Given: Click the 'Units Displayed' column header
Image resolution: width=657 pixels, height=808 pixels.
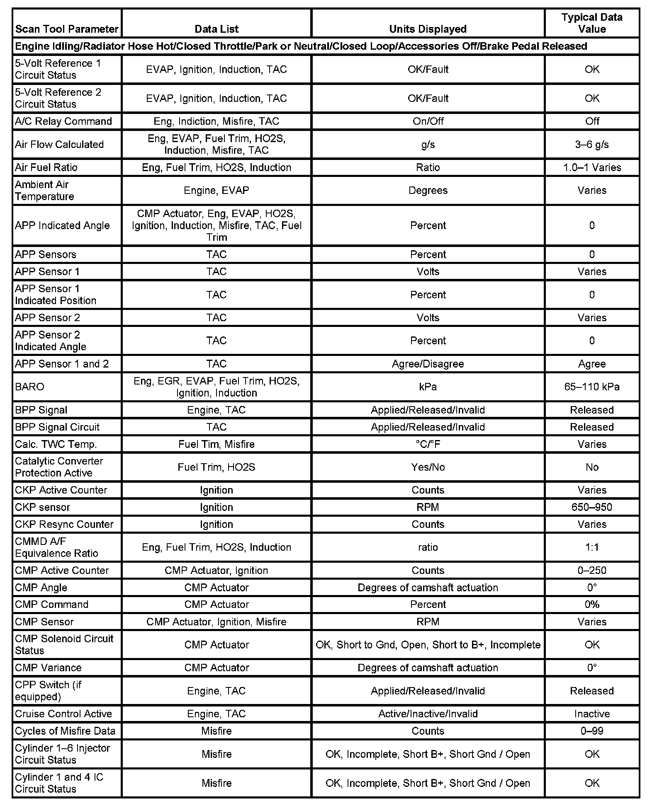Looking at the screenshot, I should coord(428,29).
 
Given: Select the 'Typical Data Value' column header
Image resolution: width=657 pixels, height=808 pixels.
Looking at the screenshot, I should coord(592,23).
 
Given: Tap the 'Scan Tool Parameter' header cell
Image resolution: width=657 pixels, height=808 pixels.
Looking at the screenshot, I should coord(67,29).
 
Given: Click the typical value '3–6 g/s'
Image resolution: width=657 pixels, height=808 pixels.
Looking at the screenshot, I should coord(592,144).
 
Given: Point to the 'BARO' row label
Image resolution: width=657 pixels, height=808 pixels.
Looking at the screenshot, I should coord(29,387).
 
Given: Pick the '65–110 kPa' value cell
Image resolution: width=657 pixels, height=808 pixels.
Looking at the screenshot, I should coord(592,387).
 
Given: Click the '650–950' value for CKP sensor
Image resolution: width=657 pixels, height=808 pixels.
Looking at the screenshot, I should coord(592,507).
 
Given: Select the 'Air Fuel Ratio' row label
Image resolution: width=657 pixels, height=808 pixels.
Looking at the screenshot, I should coord(46,167).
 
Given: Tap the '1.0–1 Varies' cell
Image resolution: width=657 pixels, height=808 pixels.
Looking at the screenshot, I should coord(592,167).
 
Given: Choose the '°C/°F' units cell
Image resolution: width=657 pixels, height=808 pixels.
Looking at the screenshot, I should coord(428,444).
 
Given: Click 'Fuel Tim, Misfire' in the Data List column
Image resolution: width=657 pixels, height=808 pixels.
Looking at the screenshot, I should coord(217,444).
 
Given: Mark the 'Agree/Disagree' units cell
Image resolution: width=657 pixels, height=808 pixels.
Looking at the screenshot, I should coord(428,364).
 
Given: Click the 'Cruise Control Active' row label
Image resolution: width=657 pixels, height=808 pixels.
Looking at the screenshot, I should coord(63,714).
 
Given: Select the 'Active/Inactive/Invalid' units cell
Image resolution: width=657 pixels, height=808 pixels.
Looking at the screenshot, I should coord(428,714).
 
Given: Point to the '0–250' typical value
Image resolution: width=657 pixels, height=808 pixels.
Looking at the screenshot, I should coord(592,570).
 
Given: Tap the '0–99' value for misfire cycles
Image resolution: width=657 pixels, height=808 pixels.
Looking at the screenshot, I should coord(592,731).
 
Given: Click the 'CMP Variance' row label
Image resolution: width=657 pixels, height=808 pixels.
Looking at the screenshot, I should coord(48,668).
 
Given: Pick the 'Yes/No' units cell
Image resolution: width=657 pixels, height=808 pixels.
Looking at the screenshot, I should coord(428,467).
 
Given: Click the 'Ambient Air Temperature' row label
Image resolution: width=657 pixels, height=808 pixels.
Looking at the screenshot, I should coord(44,190).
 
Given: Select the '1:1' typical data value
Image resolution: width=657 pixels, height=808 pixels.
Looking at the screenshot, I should coord(592,547).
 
